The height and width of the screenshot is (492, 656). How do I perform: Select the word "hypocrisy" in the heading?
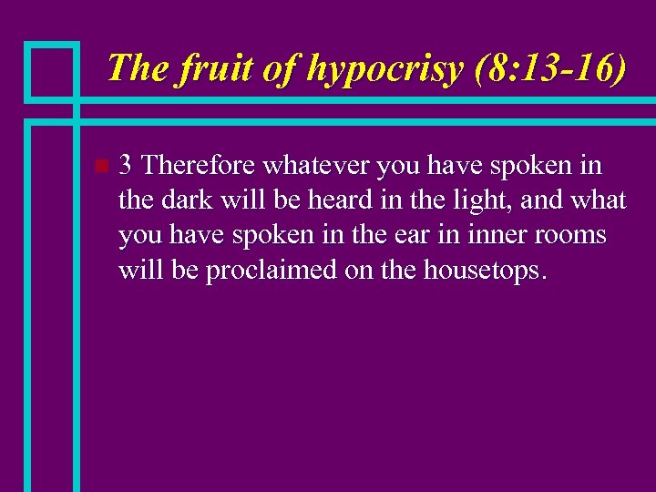(x=385, y=68)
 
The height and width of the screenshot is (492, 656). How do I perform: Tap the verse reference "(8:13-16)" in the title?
(x=551, y=68)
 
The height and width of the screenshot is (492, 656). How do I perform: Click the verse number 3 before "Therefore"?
(x=127, y=165)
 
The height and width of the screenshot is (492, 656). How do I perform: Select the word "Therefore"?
(x=200, y=165)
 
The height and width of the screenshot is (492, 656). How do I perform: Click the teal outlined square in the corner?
(x=51, y=70)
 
